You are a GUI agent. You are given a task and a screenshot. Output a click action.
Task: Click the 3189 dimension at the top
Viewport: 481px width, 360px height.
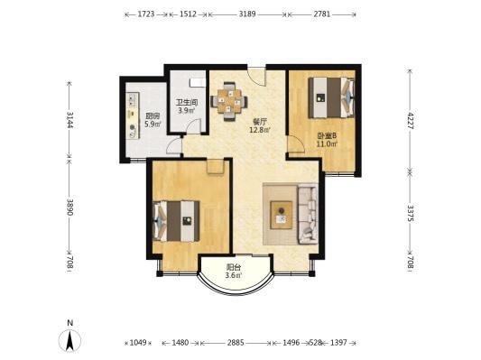247,14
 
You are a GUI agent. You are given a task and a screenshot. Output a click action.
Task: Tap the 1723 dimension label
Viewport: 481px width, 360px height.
146,14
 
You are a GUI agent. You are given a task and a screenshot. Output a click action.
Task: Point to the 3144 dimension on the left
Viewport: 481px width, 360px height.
69,120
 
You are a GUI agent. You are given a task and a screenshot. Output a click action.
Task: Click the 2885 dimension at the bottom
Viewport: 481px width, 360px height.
236,342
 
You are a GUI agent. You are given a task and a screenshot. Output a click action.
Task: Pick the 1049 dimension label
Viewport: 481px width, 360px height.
138,342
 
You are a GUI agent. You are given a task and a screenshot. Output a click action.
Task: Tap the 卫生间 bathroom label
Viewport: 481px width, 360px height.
187,102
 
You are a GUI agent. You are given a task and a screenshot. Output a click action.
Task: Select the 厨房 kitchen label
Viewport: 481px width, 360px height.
153,116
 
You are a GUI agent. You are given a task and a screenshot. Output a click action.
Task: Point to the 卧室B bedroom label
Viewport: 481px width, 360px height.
327,135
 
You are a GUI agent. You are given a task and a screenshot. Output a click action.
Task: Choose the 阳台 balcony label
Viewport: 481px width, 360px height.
234,267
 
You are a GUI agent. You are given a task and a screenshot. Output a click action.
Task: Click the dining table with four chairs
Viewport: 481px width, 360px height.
229,102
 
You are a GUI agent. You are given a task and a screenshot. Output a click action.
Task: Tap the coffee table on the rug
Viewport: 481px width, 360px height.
281,215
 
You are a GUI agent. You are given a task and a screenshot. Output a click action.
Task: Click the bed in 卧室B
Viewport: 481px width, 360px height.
331,97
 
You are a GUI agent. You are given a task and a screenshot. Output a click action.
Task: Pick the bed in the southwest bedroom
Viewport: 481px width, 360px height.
176,221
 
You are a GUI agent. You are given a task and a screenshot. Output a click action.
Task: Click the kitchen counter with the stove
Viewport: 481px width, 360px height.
133,115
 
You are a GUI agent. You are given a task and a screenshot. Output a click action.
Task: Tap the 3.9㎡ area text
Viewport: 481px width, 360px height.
187,110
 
